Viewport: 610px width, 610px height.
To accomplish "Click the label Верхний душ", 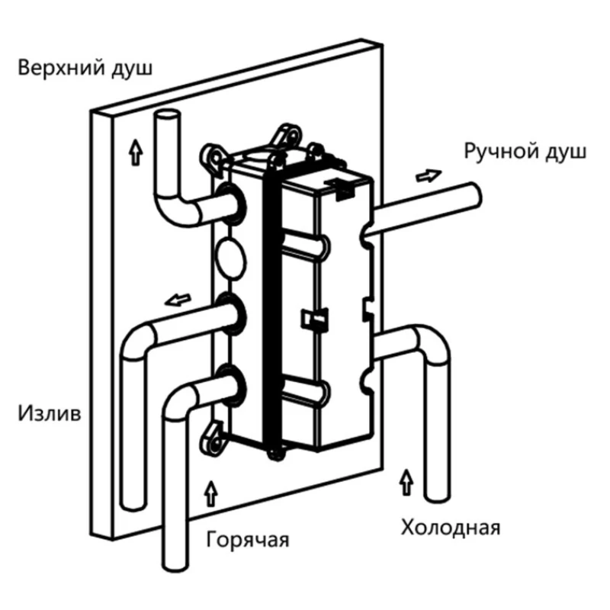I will (86, 68).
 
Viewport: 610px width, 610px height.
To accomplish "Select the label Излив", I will (50, 414).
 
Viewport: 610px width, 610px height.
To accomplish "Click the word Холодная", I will (451, 527).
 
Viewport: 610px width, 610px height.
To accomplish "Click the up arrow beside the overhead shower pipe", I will (136, 153).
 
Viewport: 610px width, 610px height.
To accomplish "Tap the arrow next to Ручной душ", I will (428, 175).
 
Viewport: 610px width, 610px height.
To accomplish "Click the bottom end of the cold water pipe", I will (438, 493).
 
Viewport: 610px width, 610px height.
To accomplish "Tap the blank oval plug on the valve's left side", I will (230, 256).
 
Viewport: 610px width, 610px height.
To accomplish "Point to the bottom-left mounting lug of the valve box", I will (213, 441).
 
